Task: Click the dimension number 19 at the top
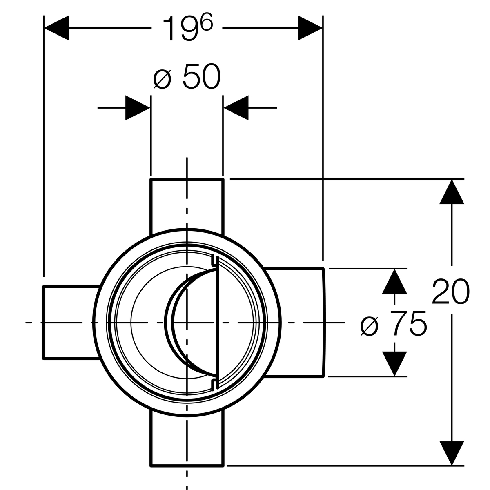tap(180, 29)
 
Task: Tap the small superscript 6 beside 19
tap(207, 24)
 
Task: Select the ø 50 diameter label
tap(187, 78)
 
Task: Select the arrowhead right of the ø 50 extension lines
tap(236, 108)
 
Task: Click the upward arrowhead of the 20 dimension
tap(452, 192)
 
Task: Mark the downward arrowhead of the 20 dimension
tap(452, 452)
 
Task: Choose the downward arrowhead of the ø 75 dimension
tap(394, 363)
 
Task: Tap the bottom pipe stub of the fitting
tap(187, 439)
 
